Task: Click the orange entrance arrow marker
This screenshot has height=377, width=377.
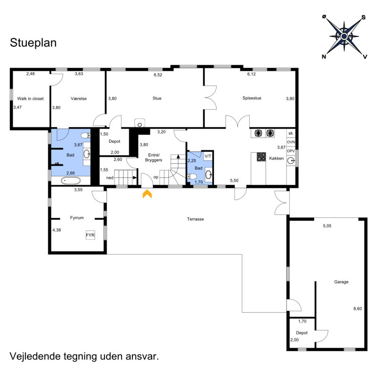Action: click(147, 193)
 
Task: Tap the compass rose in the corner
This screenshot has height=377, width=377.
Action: click(344, 36)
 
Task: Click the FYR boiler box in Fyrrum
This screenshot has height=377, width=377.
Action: click(90, 235)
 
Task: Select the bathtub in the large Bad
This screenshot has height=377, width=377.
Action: click(71, 180)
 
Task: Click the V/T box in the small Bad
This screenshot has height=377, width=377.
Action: click(207, 156)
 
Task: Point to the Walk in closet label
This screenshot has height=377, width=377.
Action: click(30, 98)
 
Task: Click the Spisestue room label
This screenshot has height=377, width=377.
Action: click(252, 98)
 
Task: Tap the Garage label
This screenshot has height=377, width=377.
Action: click(341, 282)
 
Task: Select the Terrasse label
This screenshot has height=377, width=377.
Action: click(195, 219)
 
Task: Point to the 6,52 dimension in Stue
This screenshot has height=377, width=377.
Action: click(157, 74)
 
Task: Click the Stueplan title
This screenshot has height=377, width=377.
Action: click(33, 43)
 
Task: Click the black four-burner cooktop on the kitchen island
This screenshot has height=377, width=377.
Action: click(261, 157)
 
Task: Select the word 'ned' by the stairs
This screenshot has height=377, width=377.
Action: click(110, 178)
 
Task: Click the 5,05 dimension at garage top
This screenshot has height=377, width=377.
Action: click(327, 226)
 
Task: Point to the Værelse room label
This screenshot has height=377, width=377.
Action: click(79, 98)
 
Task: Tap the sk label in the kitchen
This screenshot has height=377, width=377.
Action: click(290, 133)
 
